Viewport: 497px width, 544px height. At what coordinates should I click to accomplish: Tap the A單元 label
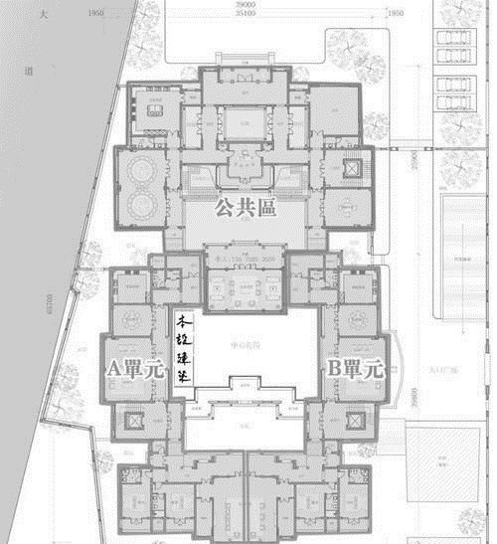click(135, 368)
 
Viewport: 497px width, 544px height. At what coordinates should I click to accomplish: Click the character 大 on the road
click(42, 18)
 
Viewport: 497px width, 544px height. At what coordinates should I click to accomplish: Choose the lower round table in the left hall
click(139, 206)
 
